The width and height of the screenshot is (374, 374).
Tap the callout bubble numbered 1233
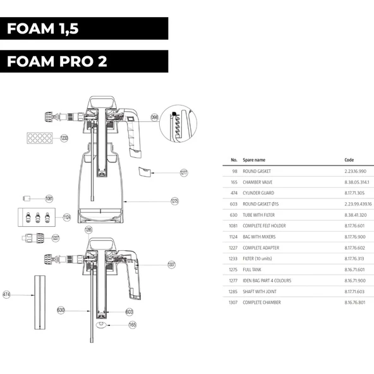[64, 138]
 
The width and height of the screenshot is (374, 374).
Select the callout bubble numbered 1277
[184, 172]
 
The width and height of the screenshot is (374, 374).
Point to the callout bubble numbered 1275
[175, 201]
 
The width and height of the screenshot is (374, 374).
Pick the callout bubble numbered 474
[8, 294]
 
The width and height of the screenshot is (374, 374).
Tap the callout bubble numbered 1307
[171, 264]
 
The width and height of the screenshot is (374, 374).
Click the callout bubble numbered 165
[132, 325]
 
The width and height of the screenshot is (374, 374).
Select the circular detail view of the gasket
[179, 125]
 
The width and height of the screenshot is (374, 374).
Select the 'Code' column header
[349, 160]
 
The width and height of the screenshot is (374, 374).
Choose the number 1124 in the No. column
[233, 237]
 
